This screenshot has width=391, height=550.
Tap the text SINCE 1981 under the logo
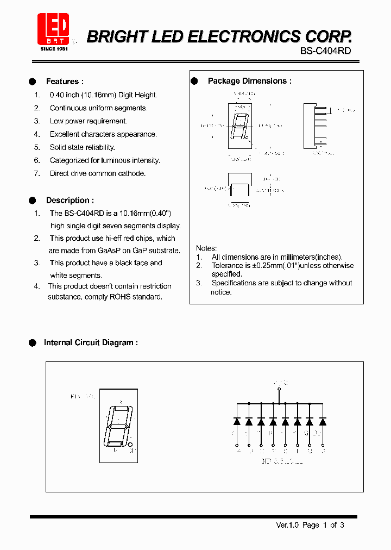(54, 49)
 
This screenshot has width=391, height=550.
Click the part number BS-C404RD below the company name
(325, 51)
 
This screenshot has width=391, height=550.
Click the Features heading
(65, 82)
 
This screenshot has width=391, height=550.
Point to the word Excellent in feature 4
(66, 134)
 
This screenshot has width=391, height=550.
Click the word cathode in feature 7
(133, 173)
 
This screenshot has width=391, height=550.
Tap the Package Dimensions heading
(249, 81)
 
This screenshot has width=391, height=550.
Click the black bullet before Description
(32, 200)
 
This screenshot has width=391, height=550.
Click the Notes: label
(206, 248)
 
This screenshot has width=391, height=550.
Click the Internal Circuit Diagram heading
(91, 342)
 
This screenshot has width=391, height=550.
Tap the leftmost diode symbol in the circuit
(237, 421)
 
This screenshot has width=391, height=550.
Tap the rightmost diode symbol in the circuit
(323, 421)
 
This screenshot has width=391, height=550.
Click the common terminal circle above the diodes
(280, 389)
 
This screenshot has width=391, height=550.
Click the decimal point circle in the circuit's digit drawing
(130, 444)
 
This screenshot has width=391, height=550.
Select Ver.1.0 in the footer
(287, 525)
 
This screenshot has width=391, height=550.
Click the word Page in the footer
(311, 525)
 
